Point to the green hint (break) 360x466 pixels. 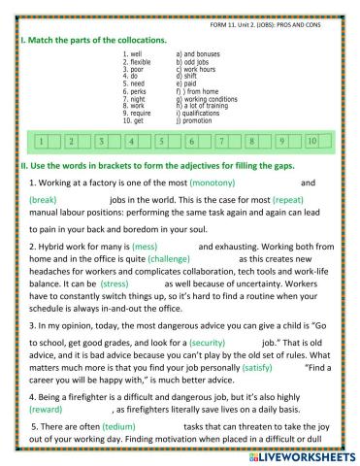44,199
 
